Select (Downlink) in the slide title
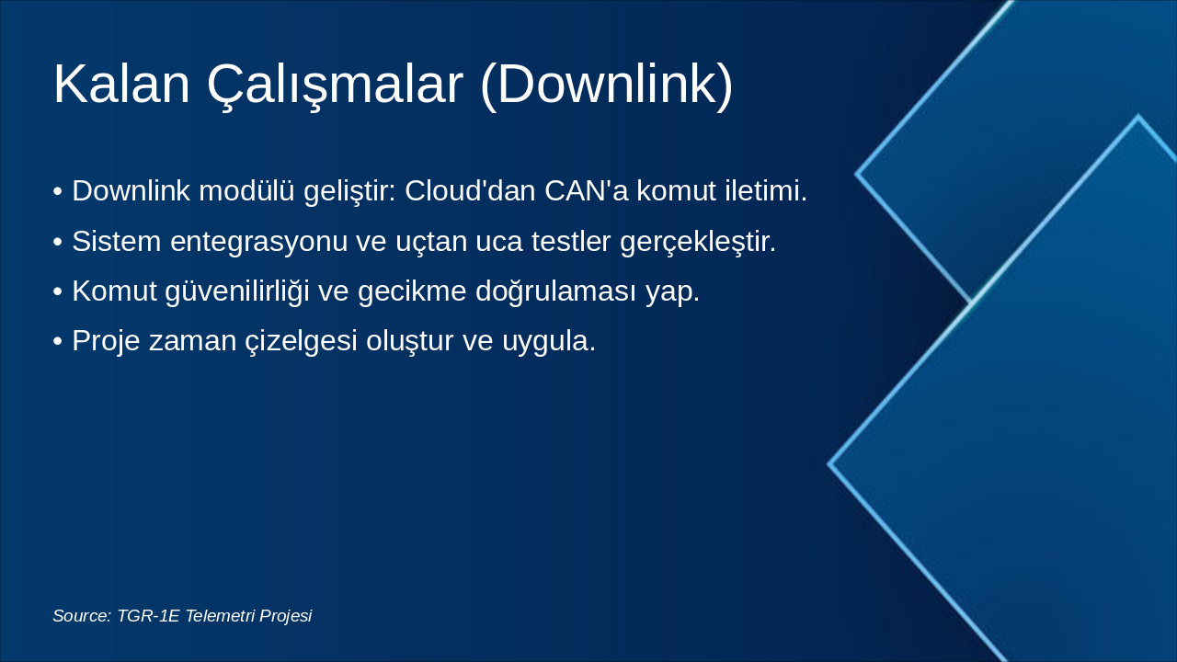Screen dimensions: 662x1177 (x=607, y=85)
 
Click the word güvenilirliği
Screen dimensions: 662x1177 (x=236, y=291)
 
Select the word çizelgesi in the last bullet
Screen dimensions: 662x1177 (x=303, y=341)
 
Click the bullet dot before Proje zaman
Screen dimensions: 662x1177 (x=58, y=341)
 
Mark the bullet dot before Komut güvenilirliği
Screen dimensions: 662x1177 (x=58, y=291)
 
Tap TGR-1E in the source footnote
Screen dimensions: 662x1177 (x=148, y=616)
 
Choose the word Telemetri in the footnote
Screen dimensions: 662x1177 (x=220, y=616)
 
